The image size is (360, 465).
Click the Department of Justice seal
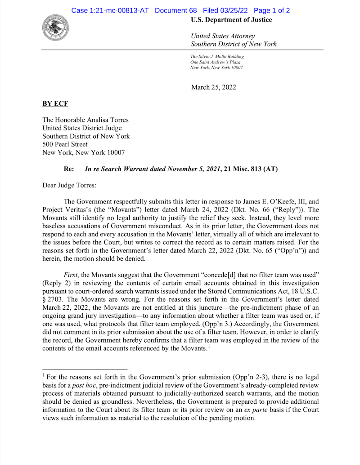55,27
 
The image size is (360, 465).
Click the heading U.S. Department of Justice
231,20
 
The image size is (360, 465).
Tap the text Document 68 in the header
175,10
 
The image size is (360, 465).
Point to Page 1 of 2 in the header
271,10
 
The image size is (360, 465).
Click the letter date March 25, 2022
213,87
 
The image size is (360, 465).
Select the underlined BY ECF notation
55,104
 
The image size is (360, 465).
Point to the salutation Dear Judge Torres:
70,185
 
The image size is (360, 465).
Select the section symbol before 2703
44,298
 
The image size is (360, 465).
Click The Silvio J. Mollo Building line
217,57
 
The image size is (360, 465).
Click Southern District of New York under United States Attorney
234,44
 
